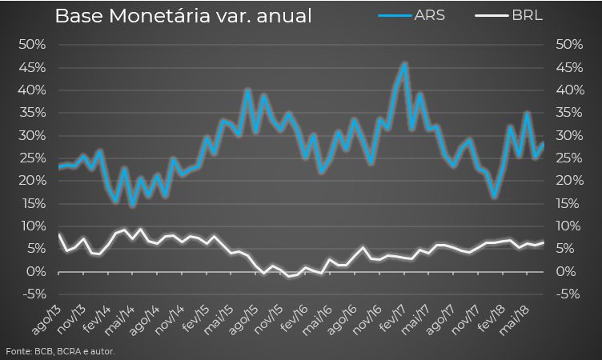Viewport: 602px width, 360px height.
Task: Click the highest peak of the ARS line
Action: (x=405, y=64)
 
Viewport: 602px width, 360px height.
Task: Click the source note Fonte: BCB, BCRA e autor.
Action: (x=60, y=351)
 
